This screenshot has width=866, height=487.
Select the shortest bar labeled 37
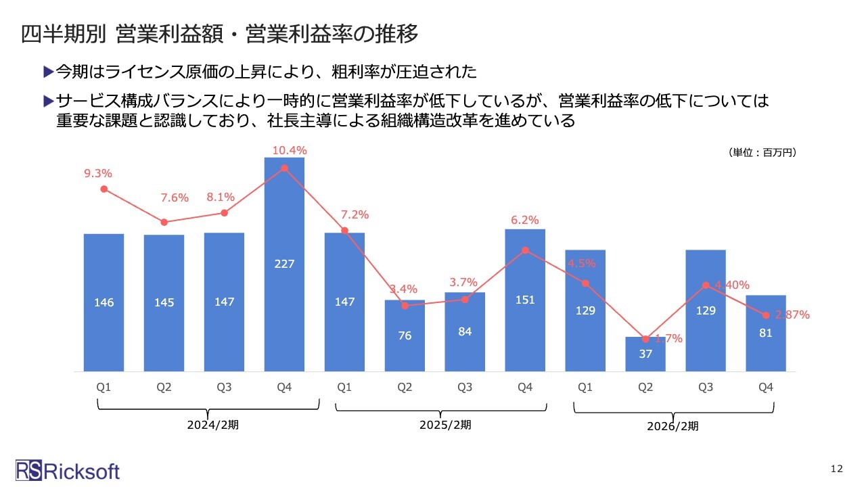(x=645, y=354)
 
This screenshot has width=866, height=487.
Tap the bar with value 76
(x=405, y=335)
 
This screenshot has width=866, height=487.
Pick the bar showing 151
(x=525, y=300)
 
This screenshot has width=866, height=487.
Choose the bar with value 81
(x=766, y=333)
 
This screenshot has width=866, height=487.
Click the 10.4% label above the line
(x=290, y=150)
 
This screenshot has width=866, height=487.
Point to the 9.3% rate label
(x=98, y=174)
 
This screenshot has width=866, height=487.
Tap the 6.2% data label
(x=525, y=220)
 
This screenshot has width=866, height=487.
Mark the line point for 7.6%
(x=164, y=222)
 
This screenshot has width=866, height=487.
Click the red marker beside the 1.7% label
(x=645, y=339)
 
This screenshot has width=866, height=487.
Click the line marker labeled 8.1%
(x=224, y=213)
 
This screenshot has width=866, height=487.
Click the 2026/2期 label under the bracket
(x=673, y=426)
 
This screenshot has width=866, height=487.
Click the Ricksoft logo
(x=68, y=470)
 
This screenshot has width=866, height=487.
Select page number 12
(x=836, y=469)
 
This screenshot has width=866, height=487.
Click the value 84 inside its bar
(x=465, y=331)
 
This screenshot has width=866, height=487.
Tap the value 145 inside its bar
(x=164, y=302)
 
